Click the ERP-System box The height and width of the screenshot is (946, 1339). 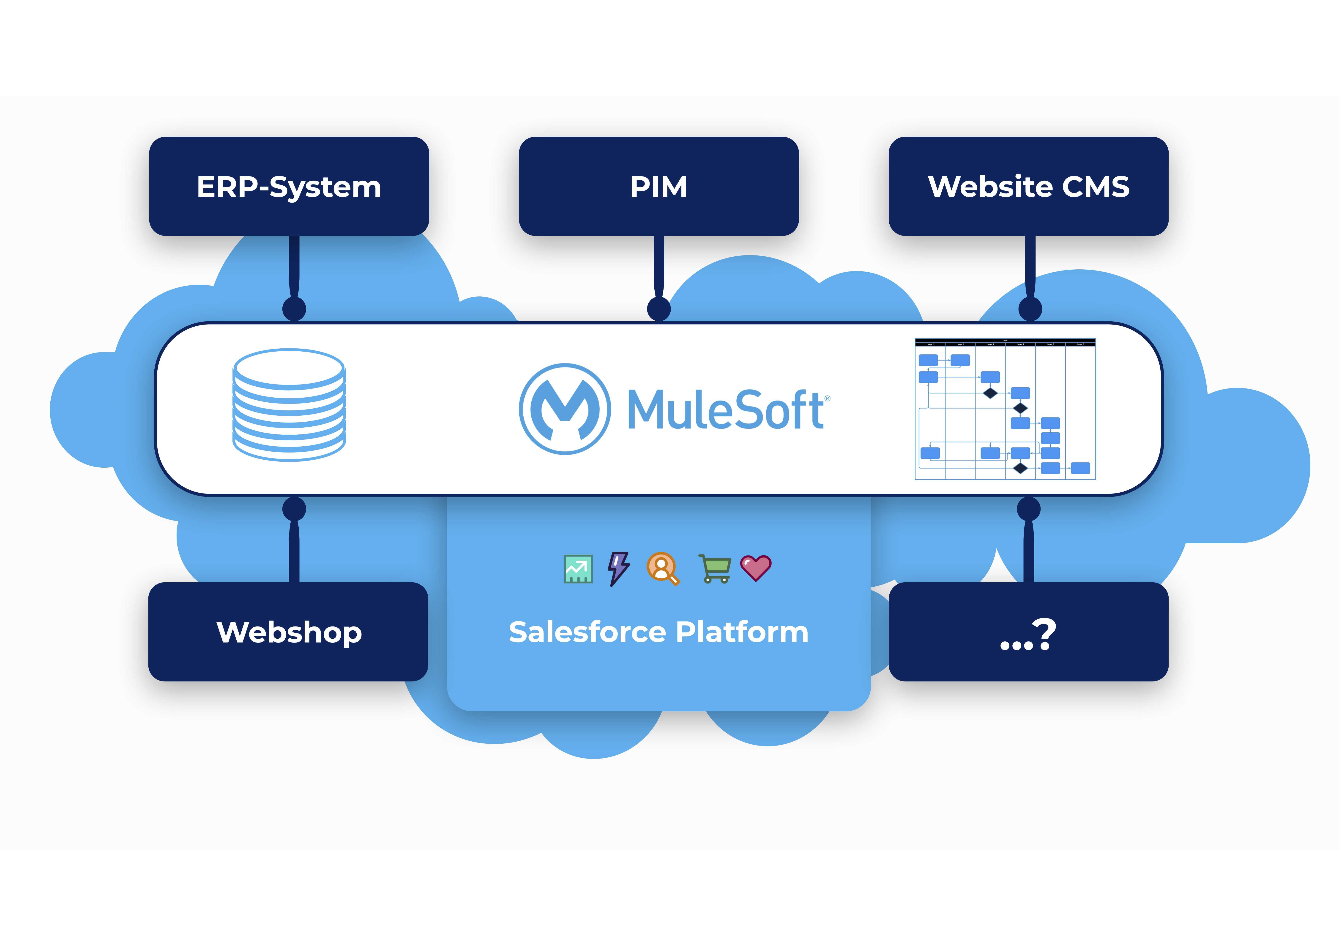click(x=289, y=187)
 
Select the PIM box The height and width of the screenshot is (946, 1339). click(x=659, y=187)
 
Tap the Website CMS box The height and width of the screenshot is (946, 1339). click(x=1028, y=187)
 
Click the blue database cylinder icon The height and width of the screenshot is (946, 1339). click(x=289, y=405)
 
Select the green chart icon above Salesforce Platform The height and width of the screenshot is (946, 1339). click(x=578, y=569)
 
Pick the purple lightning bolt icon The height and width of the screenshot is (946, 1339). click(x=619, y=568)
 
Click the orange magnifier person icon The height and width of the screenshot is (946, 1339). click(x=662, y=568)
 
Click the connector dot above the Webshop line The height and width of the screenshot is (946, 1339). click(x=294, y=509)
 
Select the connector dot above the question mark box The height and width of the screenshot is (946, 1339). click(x=1028, y=509)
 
